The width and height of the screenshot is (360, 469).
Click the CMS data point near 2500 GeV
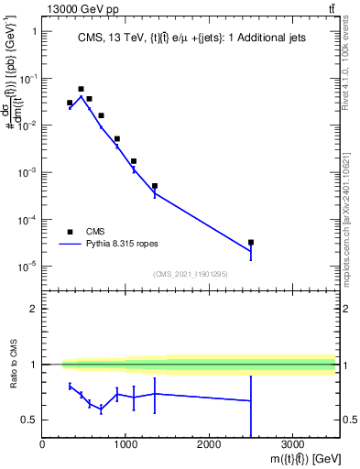tap(251, 243)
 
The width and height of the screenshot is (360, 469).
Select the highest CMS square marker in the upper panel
tap(81, 89)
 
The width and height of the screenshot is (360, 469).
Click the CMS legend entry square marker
tap(70, 232)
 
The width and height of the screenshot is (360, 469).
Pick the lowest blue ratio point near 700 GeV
tap(101, 409)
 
